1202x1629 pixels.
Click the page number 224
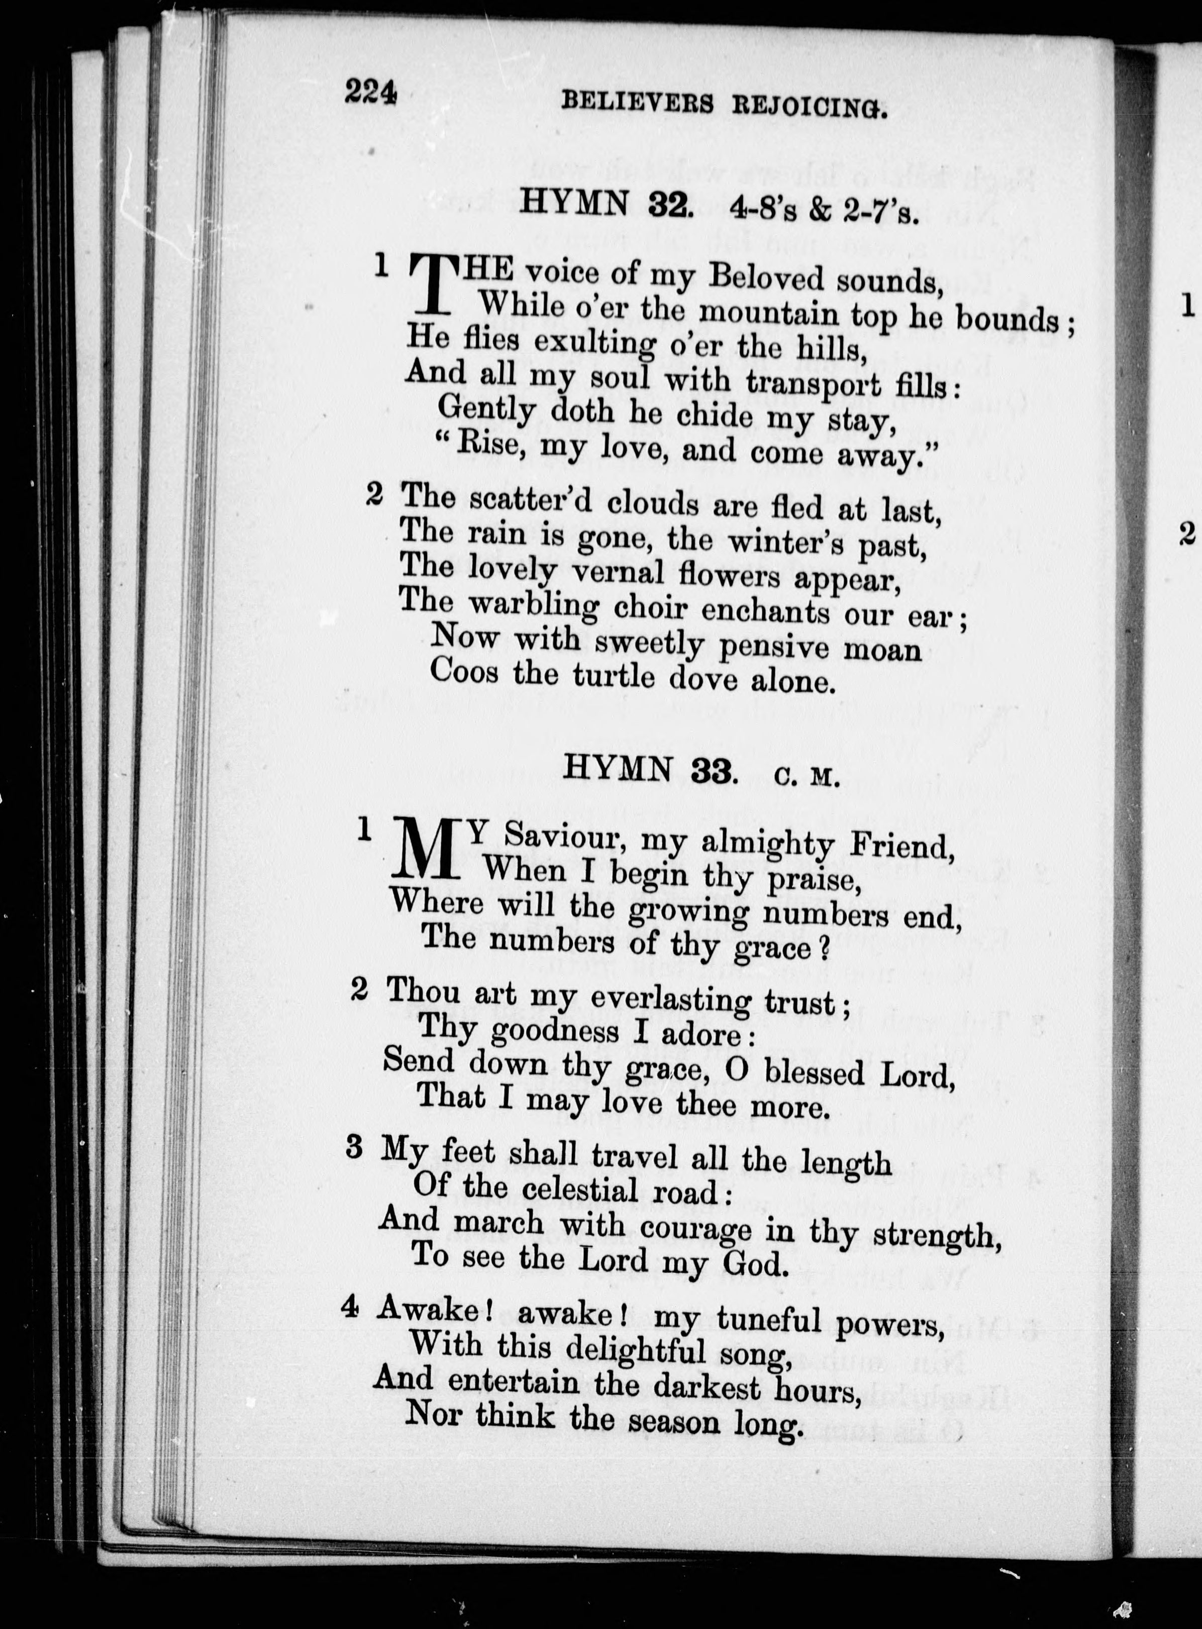tap(370, 93)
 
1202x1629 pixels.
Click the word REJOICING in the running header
tap(809, 107)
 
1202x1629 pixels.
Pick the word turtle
tap(614, 676)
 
